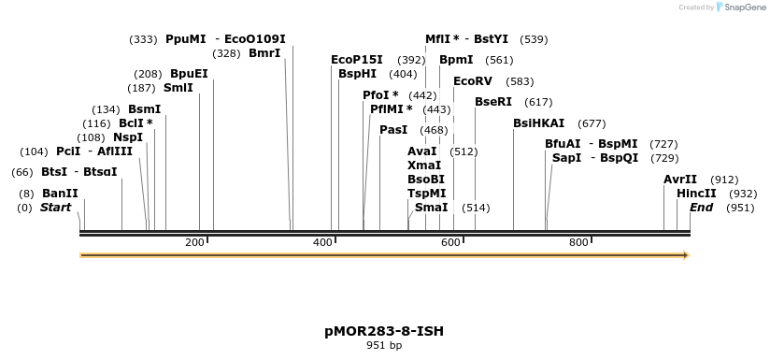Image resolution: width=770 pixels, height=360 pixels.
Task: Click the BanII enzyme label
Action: tap(60, 194)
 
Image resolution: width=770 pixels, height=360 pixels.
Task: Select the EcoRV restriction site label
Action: tap(472, 81)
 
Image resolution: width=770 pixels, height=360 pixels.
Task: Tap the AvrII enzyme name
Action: tap(680, 180)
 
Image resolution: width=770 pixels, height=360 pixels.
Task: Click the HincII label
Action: tap(696, 194)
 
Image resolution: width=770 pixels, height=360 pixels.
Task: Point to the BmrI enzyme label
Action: tap(264, 53)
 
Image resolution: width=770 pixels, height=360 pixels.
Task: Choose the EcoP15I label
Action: tap(357, 59)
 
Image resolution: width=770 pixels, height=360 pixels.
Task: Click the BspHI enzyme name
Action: tap(357, 73)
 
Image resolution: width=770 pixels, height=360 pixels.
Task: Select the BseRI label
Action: tap(493, 102)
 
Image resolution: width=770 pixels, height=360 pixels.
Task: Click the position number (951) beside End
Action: tap(740, 208)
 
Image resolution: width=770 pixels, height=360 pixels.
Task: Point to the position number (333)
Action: tap(143, 39)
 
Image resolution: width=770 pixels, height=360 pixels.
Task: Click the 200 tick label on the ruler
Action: tap(194, 243)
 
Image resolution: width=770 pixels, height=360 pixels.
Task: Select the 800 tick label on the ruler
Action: tap(578, 243)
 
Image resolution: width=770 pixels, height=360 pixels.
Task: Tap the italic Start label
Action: tap(55, 208)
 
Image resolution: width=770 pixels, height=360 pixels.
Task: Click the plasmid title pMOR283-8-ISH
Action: tap(384, 331)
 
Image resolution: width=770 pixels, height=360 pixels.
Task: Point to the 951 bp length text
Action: tap(384, 345)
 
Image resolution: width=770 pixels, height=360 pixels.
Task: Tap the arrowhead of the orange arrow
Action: tap(686, 254)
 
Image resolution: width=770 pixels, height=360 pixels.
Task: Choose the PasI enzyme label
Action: tap(393, 130)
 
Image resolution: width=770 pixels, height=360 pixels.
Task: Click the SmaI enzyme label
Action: tap(431, 208)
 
